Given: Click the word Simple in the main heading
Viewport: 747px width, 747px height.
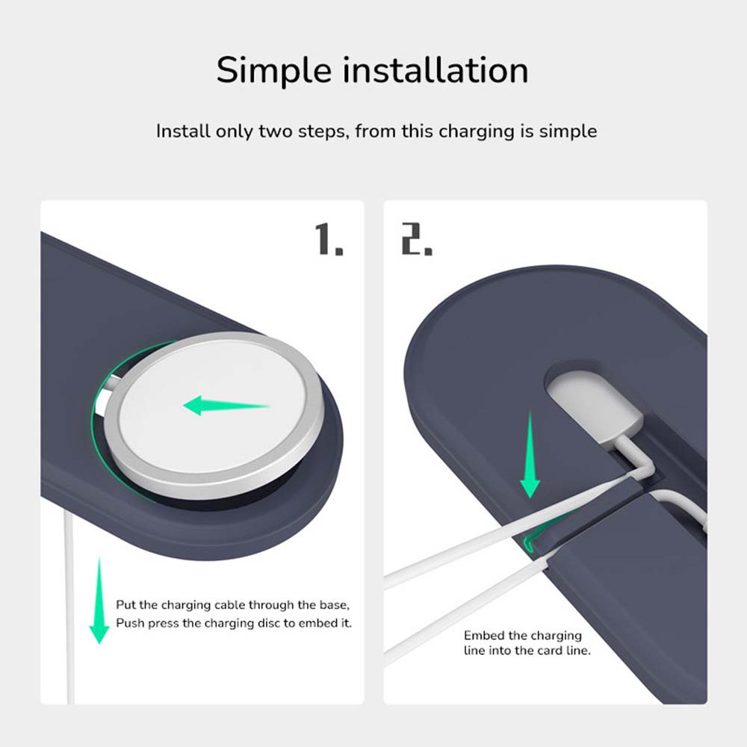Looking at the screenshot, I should coord(273,70).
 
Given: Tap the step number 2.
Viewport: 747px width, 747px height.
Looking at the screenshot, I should coord(417,239).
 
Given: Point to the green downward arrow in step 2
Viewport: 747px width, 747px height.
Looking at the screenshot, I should coord(530,456).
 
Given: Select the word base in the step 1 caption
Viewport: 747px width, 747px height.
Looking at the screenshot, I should coord(332,604).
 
